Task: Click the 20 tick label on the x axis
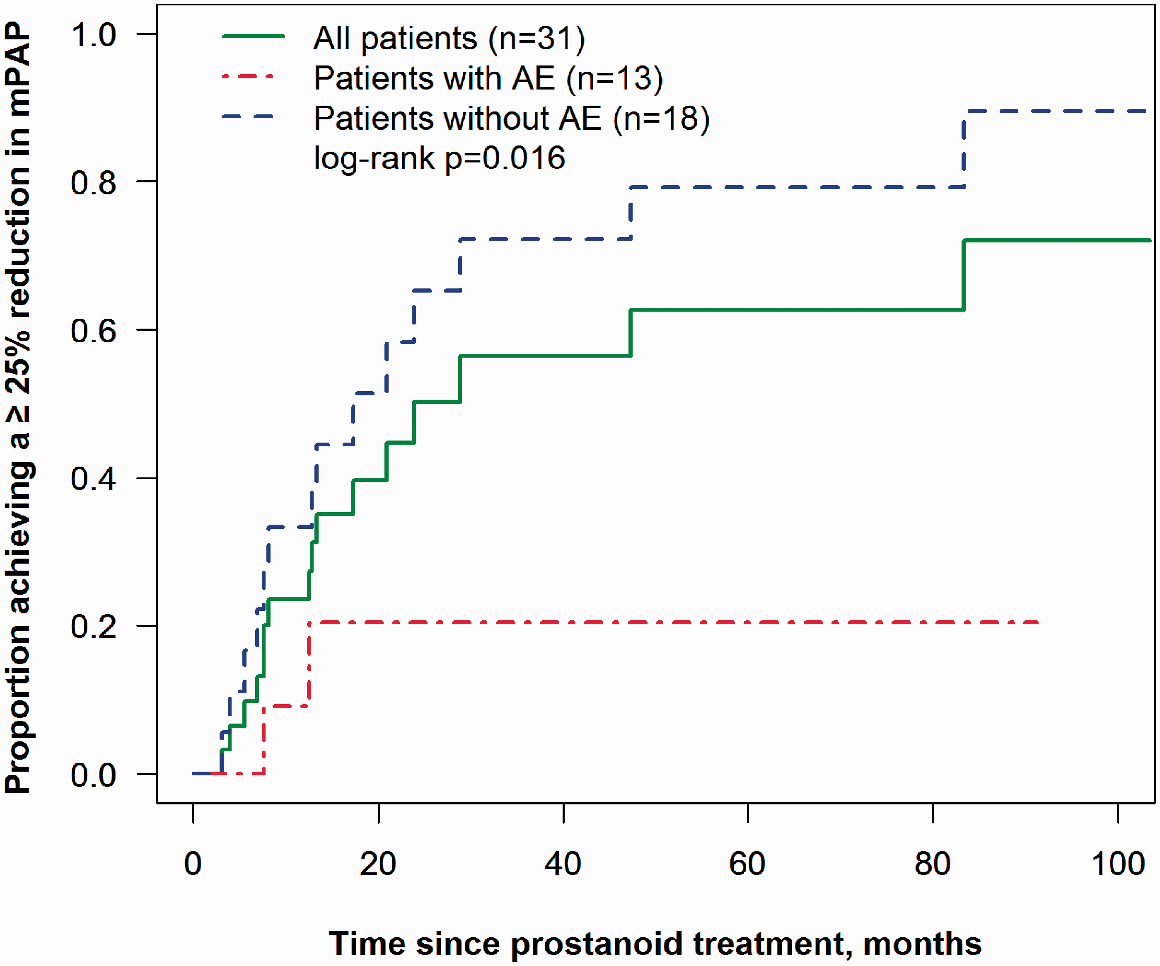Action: (378, 864)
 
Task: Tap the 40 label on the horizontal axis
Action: (563, 864)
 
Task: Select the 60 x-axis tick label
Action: (747, 864)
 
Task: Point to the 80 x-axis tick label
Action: (933, 864)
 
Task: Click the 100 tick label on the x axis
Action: (1118, 864)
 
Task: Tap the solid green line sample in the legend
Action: (253, 36)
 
